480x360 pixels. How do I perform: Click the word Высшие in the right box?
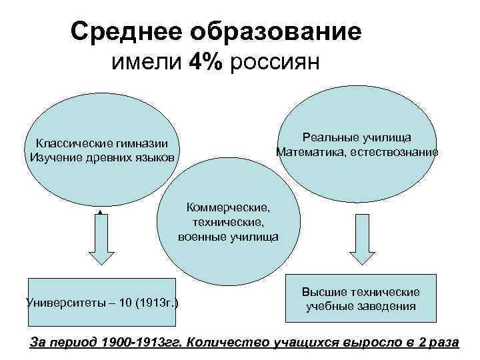pos(322,292)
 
